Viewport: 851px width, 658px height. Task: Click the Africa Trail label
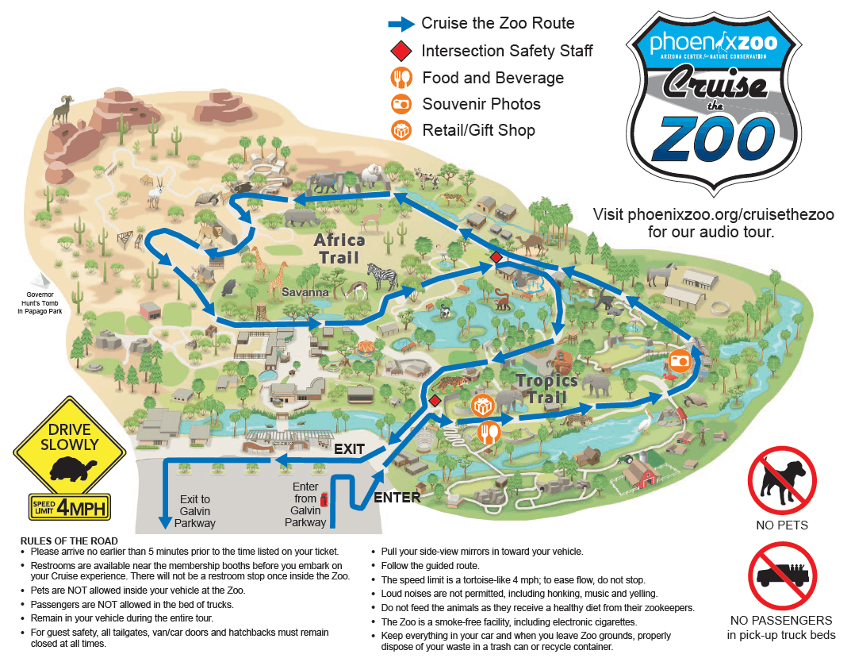coord(339,248)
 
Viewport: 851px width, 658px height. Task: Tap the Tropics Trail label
coord(542,389)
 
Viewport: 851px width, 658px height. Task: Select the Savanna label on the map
coord(305,293)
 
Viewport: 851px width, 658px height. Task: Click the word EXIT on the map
coord(349,449)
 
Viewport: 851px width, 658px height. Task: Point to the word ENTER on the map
coord(397,498)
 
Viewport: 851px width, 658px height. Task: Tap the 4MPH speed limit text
coord(83,506)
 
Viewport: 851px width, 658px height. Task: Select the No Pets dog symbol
coord(781,479)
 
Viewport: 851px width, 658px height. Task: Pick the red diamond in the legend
coord(401,51)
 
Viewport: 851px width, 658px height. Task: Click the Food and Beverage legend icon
coord(401,78)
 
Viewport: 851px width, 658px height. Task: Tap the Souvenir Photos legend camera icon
coord(401,104)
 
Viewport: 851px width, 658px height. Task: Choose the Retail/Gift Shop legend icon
coord(401,130)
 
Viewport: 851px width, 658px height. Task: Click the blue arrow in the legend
coord(401,24)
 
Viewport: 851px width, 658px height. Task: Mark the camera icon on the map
coord(680,360)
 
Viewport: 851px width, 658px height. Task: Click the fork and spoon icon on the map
coord(488,433)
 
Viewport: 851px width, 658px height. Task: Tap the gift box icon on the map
coord(481,406)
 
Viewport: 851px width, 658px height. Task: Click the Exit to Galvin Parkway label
coord(194,511)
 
